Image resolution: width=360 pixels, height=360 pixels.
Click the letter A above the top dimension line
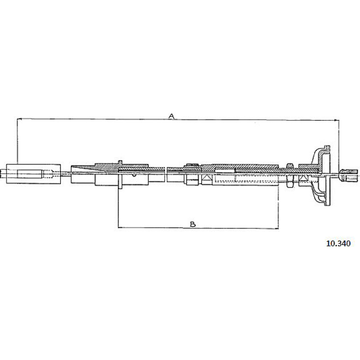172,116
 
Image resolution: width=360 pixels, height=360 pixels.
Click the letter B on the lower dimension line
193,224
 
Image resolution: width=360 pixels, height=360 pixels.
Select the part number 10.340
338,244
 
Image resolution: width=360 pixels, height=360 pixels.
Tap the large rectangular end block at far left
34,173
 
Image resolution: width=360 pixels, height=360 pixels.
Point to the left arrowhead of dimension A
19,119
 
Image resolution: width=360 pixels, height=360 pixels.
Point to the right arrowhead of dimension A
337,120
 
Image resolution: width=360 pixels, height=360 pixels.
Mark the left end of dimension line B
118,227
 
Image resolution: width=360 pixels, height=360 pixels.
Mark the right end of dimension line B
278,228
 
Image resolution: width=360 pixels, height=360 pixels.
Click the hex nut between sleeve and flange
290,175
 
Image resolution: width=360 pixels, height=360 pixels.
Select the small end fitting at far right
348,175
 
